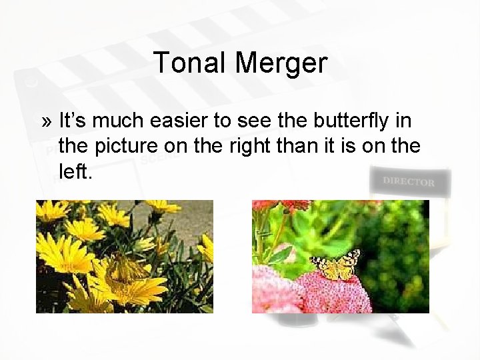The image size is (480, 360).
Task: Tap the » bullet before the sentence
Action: click(46, 122)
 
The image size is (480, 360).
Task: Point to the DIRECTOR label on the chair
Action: click(409, 181)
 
